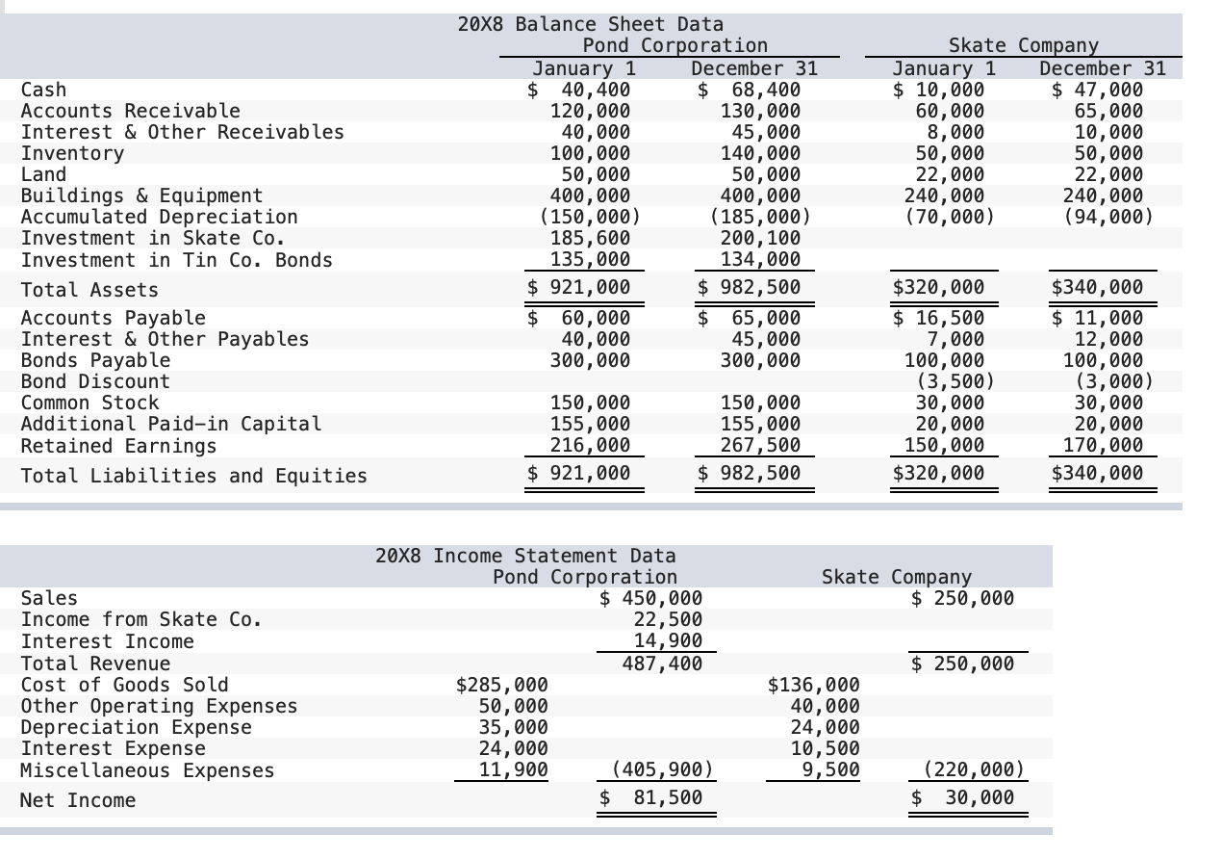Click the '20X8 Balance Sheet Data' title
pyautogui.click(x=591, y=24)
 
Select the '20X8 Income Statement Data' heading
pyautogui.click(x=524, y=556)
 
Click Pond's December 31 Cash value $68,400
pyautogui.click(x=750, y=90)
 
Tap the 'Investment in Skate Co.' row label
pyautogui.click(x=152, y=239)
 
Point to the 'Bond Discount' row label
pyautogui.click(x=95, y=381)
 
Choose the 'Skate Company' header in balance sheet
pyautogui.click(x=1023, y=45)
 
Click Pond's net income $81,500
pyautogui.click(x=651, y=798)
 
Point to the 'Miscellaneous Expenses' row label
pyautogui.click(x=147, y=770)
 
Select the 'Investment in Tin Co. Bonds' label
pyautogui.click(x=176, y=260)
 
